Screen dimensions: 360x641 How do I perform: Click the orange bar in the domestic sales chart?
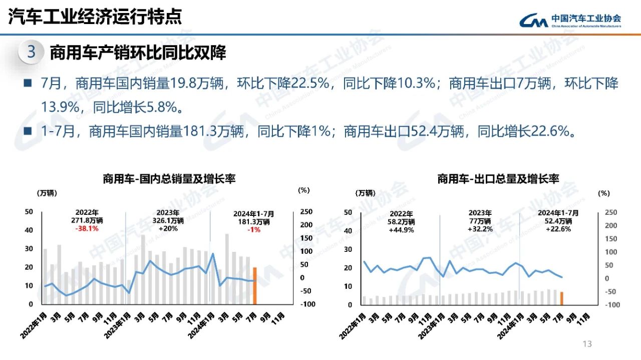tap(254, 286)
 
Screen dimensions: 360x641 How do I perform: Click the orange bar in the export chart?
tap(561, 298)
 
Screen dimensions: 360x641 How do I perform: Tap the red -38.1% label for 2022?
tap(87, 228)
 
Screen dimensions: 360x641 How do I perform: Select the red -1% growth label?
tap(253, 229)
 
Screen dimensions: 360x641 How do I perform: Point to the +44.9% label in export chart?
tap(401, 230)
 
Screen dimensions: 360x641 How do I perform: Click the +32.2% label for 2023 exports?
tap(480, 229)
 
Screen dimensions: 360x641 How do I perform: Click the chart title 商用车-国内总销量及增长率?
tap(169, 179)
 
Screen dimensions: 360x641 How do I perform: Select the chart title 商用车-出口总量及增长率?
tap(498, 179)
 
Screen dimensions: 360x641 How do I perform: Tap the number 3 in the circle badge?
tap(31, 52)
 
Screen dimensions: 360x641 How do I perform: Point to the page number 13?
tap(587, 343)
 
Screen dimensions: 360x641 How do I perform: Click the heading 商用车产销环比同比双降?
tap(138, 53)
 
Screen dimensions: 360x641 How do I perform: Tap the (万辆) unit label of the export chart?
tap(365, 193)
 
